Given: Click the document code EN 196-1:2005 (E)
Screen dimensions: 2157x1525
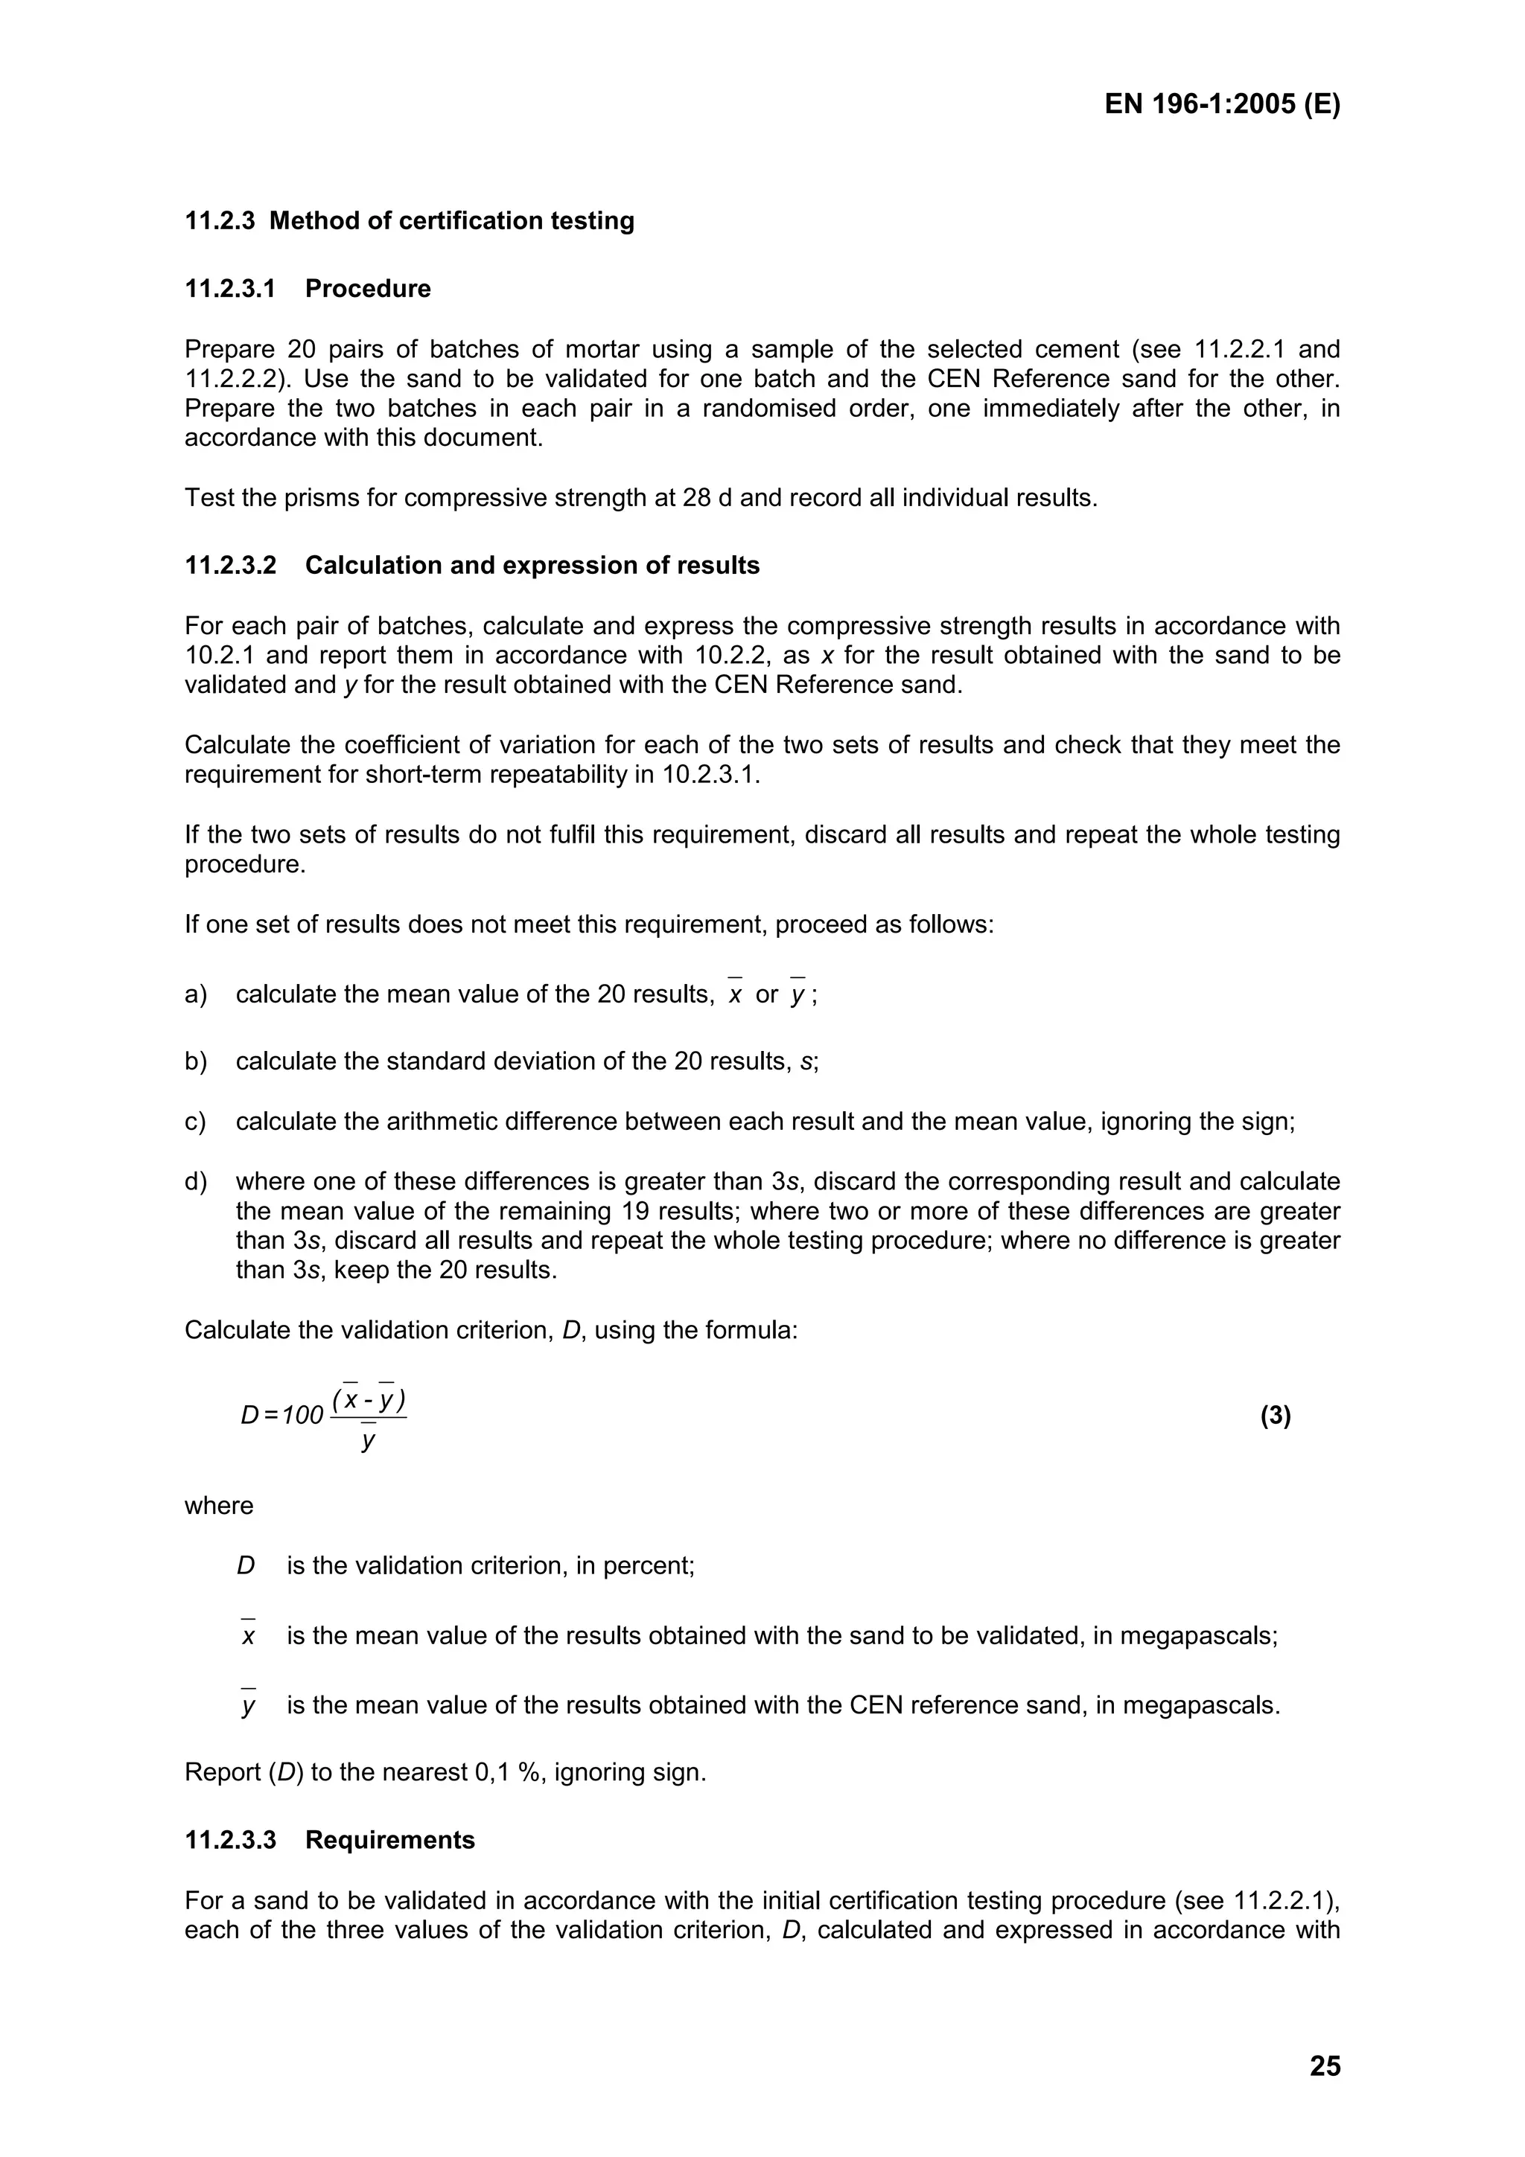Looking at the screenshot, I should [1221, 103].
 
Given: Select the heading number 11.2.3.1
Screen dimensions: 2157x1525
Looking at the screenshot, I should [230, 288].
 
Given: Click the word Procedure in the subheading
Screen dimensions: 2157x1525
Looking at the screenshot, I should [367, 288].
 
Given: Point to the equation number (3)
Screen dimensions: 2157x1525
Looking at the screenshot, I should [1275, 1416].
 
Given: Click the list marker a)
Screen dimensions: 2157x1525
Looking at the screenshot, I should [195, 994].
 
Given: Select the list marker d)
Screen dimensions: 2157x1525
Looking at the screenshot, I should [195, 1181].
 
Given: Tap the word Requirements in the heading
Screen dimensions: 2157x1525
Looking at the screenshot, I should [390, 1839].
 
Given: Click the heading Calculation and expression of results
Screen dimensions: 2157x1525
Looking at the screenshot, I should [532, 566].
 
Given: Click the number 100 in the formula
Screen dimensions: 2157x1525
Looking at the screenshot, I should [302, 1416].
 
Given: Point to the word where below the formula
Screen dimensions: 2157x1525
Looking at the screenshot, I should [219, 1506].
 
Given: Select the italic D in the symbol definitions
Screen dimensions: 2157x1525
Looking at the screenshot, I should [246, 1566].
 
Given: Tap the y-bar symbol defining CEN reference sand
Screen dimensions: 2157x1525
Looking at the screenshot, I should [248, 1706].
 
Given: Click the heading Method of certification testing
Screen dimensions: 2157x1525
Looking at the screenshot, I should [451, 221].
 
